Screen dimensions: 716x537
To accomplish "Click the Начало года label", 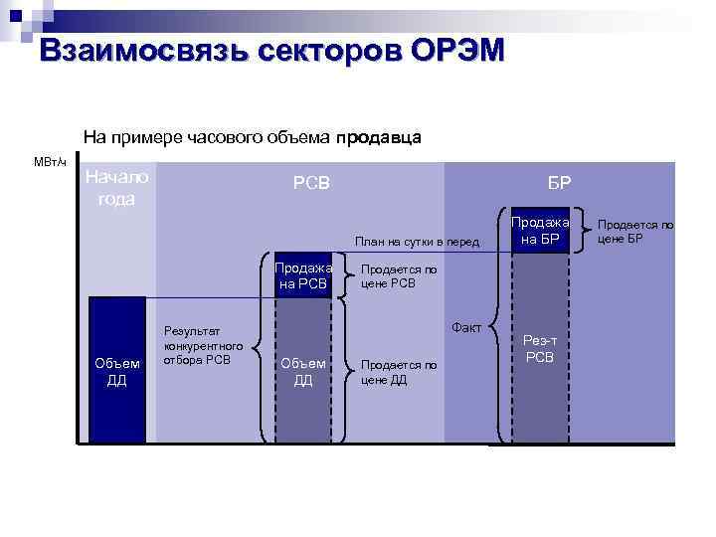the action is [116, 187].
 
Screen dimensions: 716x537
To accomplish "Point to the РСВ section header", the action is [310, 183].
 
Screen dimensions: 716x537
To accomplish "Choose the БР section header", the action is [558, 183].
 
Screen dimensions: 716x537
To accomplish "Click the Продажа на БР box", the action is [540, 230].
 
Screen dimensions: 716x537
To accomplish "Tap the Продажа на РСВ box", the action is [302, 274].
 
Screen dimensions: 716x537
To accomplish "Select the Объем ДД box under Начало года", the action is [116, 371].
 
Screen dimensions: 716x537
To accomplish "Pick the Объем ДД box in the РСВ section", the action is [302, 371].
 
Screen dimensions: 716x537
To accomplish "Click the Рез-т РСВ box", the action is [540, 348].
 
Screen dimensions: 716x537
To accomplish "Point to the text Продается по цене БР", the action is [635, 231].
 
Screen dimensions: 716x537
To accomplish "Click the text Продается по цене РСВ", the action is [398, 275].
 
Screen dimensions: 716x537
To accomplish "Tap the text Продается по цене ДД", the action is [398, 371].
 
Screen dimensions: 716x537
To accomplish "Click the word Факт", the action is [466, 326].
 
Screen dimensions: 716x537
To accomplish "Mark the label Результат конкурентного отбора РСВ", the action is [203, 344].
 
